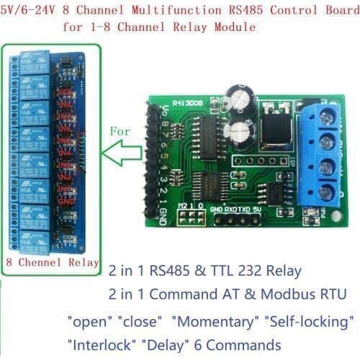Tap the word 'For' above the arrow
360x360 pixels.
click(120, 132)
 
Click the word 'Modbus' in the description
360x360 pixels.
click(282, 294)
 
